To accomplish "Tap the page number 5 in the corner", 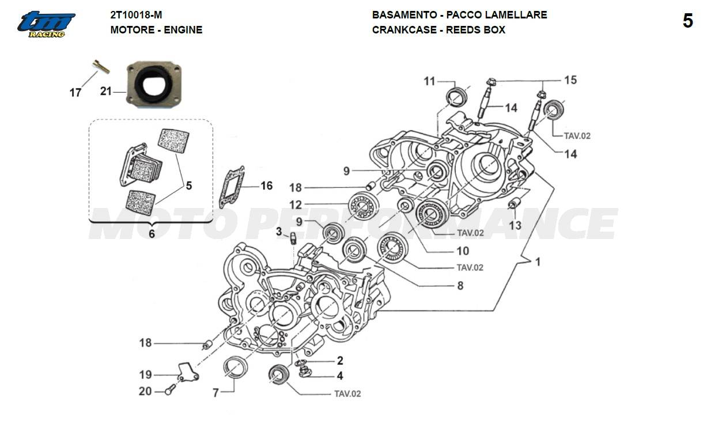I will (x=687, y=21).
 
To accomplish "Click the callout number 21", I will (x=105, y=91).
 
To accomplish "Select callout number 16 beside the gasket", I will (x=266, y=185).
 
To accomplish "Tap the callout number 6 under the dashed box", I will (x=152, y=234).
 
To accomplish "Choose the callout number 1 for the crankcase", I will (x=538, y=262).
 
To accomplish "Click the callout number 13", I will (x=515, y=225).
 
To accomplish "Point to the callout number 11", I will (x=430, y=81).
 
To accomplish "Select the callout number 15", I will (x=570, y=80).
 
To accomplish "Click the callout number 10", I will (x=463, y=251).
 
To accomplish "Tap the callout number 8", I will (x=460, y=285).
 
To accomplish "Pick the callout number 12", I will (x=296, y=204).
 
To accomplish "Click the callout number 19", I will (x=146, y=374).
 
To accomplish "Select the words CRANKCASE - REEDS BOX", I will (x=438, y=30).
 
